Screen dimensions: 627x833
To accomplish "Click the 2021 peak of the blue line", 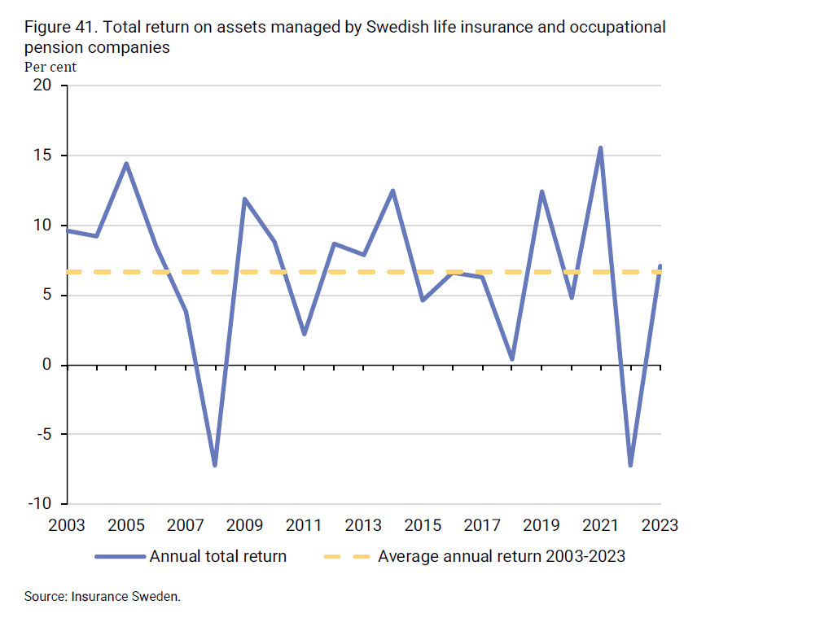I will (x=600, y=148).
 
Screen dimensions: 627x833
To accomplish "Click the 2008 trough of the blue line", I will (x=215, y=465).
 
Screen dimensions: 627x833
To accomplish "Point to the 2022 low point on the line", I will (x=630, y=465).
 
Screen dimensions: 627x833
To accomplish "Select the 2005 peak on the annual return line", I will (x=126, y=164).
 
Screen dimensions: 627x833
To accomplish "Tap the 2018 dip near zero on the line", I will (x=511, y=358).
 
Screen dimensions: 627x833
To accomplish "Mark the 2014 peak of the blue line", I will (x=392, y=191).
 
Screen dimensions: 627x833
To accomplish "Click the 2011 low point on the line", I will (x=304, y=334).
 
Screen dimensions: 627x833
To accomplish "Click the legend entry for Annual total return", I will (x=217, y=556).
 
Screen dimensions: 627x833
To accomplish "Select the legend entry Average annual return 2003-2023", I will (x=501, y=556).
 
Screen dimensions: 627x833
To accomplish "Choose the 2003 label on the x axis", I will (x=67, y=525).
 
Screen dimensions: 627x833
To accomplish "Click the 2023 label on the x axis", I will (x=660, y=525).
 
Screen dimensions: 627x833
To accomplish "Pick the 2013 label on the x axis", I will (x=363, y=525).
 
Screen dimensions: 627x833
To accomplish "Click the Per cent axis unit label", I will (x=50, y=67).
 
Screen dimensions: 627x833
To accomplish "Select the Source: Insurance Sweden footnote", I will (x=102, y=596).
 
